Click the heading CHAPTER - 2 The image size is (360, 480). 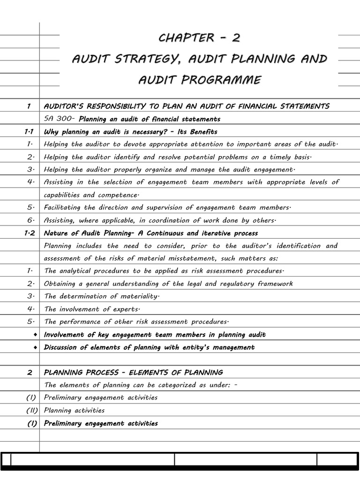click(200, 37)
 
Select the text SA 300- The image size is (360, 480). click(60, 119)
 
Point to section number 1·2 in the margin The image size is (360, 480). click(29, 233)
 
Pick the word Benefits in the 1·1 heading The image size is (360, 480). click(202, 132)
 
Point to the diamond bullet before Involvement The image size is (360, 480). click(35, 335)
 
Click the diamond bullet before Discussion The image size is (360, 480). click(35, 347)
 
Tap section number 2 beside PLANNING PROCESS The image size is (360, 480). click(30, 373)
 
